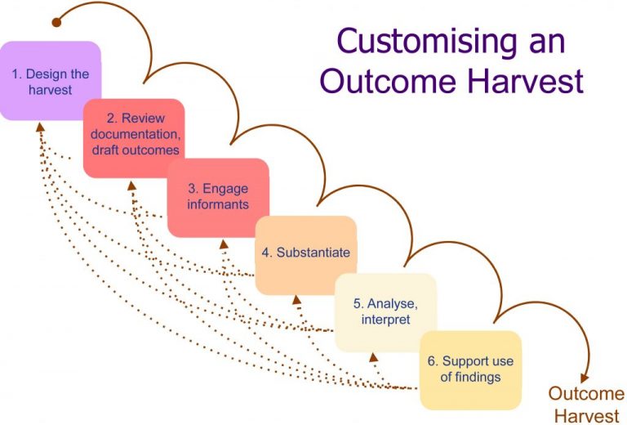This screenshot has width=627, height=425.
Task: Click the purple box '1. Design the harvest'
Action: click(50, 81)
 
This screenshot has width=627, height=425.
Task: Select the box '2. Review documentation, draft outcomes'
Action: click(134, 137)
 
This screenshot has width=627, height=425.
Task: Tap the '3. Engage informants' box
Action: click(218, 197)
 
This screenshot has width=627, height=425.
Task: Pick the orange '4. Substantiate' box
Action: click(305, 254)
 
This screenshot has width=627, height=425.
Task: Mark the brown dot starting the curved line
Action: click(56, 22)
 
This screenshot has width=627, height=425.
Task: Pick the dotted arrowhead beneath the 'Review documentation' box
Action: click(131, 185)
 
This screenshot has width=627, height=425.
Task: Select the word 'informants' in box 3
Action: click(218, 204)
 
